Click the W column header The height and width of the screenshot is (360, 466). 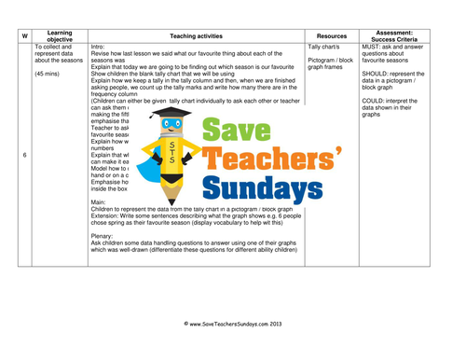(x=24, y=35)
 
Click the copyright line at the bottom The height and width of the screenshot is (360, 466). (x=233, y=324)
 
